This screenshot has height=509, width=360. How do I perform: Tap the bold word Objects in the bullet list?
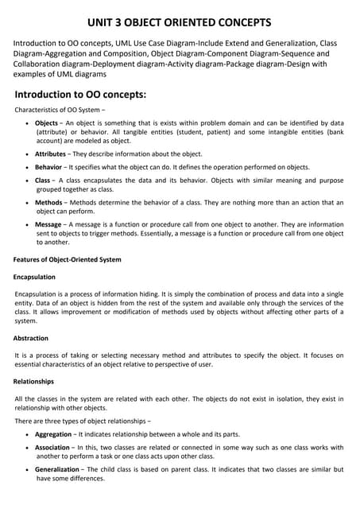click(47, 124)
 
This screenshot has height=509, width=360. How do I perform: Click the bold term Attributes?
click(52, 153)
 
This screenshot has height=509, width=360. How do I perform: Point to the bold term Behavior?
click(49, 169)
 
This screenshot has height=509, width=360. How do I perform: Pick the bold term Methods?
click(49, 204)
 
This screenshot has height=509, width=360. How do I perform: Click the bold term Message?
click(50, 225)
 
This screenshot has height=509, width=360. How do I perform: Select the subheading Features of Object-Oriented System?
click(68, 260)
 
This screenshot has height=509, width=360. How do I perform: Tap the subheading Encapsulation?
click(35, 278)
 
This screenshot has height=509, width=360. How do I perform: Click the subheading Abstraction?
click(32, 338)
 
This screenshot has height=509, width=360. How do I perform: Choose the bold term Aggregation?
click(54, 434)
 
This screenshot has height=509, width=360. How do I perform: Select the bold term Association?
click(53, 449)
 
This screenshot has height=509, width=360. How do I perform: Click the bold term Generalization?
click(57, 470)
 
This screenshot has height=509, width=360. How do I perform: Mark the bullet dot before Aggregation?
click(29, 435)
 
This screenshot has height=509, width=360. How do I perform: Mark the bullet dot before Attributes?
click(29, 154)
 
